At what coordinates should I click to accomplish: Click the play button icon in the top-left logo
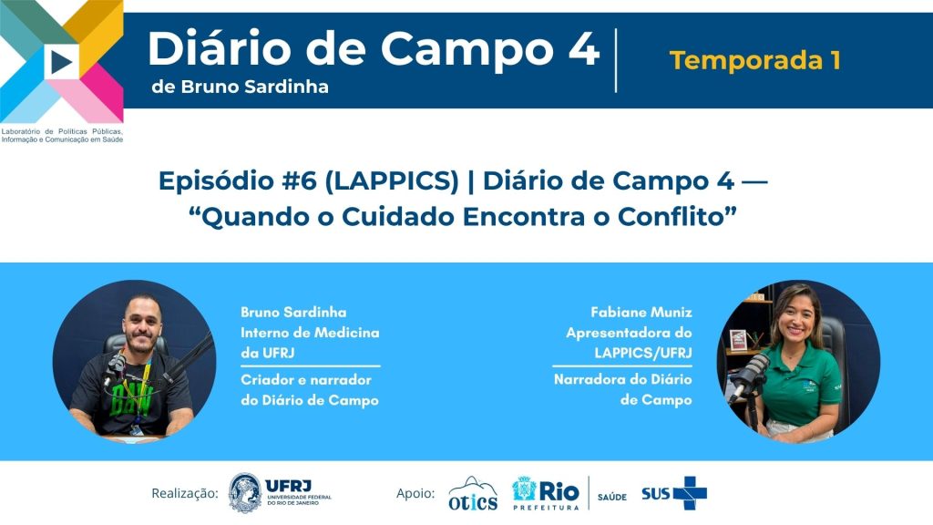pos(61,62)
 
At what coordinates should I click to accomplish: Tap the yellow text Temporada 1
pos(755,60)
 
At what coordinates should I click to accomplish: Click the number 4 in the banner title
pos(583,48)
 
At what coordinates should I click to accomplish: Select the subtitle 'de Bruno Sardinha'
pos(240,87)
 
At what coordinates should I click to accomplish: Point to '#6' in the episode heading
pos(301,181)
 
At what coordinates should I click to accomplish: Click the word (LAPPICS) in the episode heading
pos(392,181)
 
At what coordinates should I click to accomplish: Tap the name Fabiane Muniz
pos(641,312)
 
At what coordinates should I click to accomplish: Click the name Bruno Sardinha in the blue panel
pos(293,312)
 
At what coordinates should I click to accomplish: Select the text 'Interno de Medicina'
pos(310,332)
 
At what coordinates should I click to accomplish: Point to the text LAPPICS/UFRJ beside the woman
pos(642,353)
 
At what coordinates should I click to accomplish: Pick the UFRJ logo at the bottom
pos(280,493)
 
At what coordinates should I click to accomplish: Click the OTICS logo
pos(473,493)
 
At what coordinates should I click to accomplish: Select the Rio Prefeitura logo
pos(545,493)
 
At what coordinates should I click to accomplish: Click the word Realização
pos(185,493)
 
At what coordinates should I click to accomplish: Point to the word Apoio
pos(415,493)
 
